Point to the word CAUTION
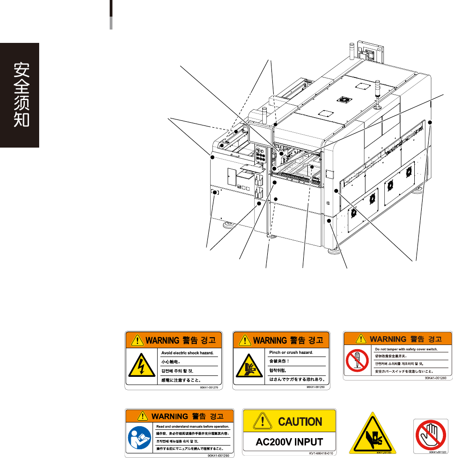pyautogui.click(x=300, y=421)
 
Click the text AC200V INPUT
pyautogui.click(x=289, y=441)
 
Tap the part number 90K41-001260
pyautogui.click(x=435, y=378)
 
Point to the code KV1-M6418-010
pyautogui.click(x=320, y=453)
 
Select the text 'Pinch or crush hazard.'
pyautogui.click(x=291, y=352)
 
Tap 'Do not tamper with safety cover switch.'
pyautogui.click(x=406, y=349)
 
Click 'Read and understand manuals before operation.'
pyautogui.click(x=193, y=427)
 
